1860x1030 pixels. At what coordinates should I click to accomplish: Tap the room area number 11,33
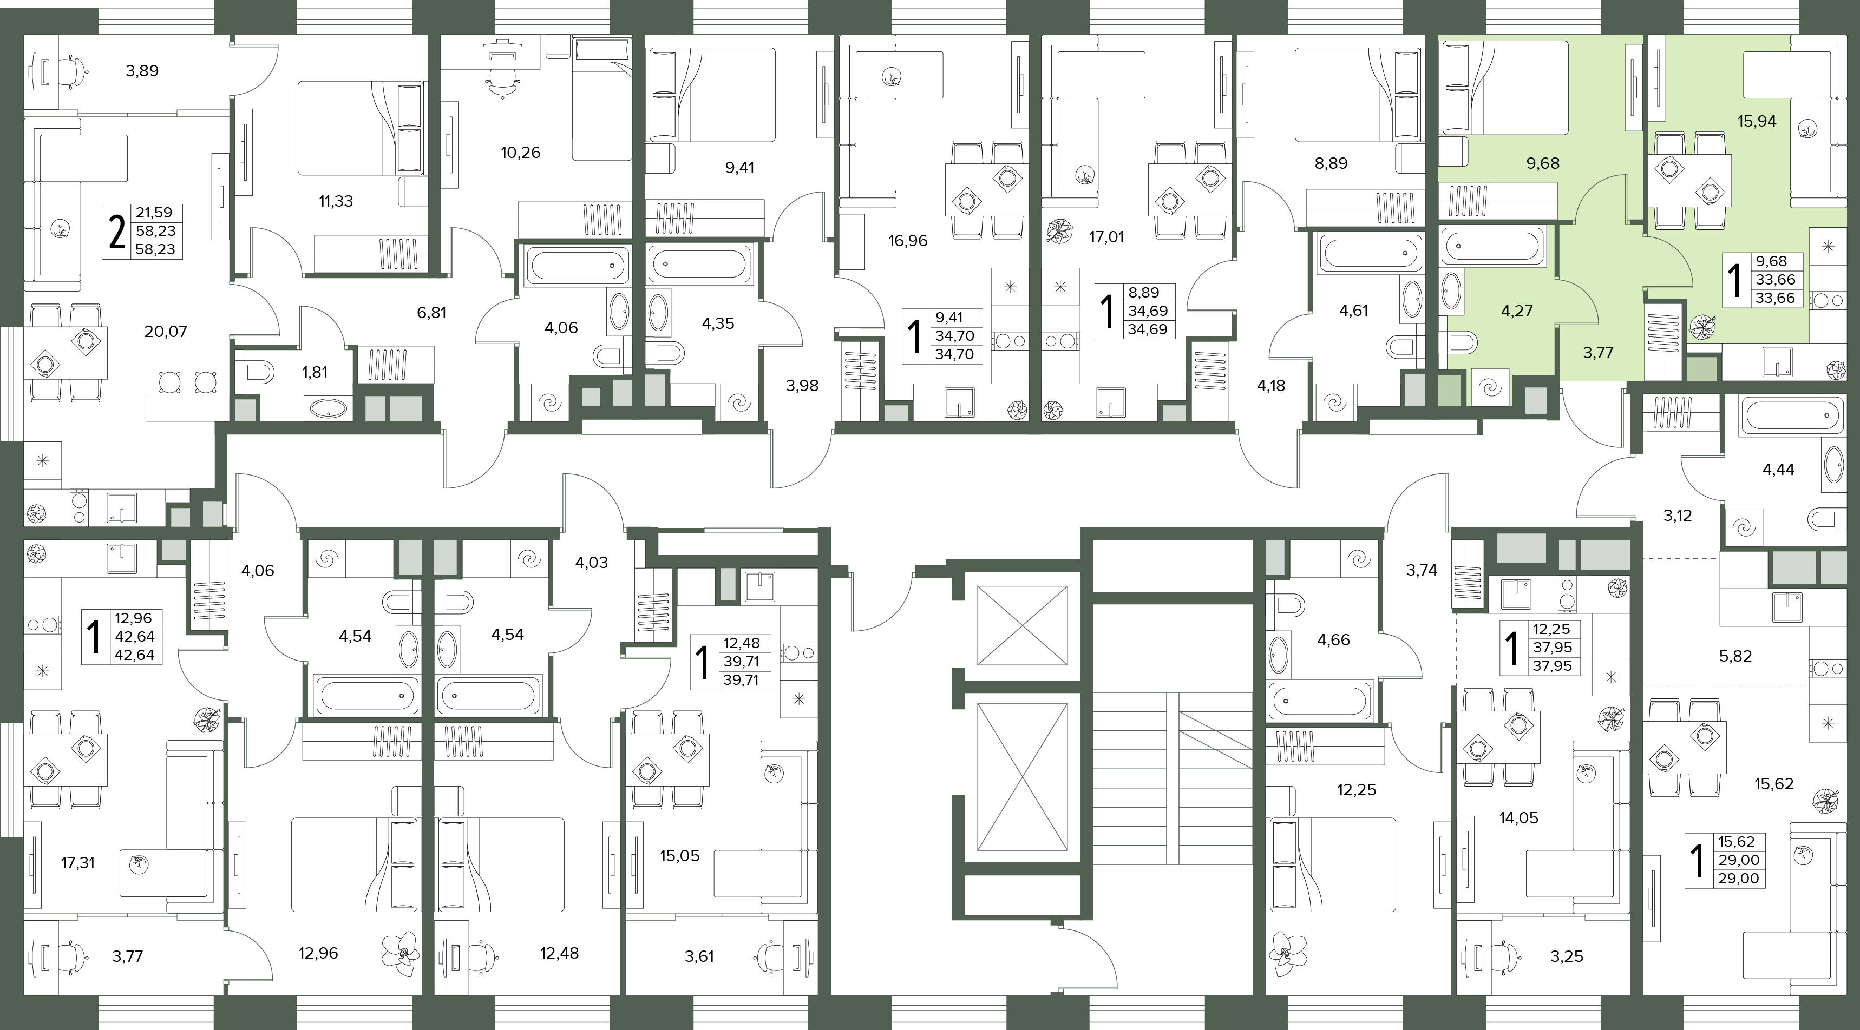tap(336, 201)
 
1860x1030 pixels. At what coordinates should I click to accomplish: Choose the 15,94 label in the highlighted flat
tap(1757, 121)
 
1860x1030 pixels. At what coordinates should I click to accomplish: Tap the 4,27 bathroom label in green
tap(1516, 311)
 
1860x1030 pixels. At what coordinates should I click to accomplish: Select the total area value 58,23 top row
tap(155, 231)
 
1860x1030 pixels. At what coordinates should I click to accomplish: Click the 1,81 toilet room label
tap(315, 372)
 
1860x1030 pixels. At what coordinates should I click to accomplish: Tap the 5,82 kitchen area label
tap(1735, 657)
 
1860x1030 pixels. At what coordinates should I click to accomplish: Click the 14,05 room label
tap(1518, 818)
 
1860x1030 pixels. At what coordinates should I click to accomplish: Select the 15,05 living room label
tap(679, 856)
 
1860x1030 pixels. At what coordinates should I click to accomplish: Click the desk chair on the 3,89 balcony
tap(70, 71)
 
